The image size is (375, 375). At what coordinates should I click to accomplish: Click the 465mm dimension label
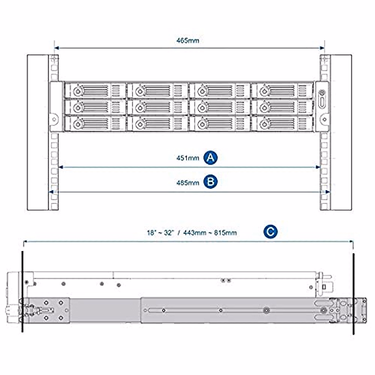[x=187, y=41]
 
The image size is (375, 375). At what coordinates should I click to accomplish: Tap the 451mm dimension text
[x=187, y=158]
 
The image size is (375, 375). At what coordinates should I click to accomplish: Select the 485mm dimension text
[x=187, y=182]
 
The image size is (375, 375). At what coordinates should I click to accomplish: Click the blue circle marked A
[x=211, y=157]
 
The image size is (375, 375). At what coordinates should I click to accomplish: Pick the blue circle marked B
[x=211, y=182]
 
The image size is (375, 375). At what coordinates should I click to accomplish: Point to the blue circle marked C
[x=270, y=232]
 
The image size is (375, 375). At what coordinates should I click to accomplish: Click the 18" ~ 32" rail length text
[x=160, y=233]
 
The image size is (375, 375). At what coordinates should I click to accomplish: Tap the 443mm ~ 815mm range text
[x=210, y=233]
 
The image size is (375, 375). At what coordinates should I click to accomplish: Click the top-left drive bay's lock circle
[x=77, y=91]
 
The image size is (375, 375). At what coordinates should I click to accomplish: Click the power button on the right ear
[x=322, y=93]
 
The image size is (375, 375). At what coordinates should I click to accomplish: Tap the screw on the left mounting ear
[x=54, y=119]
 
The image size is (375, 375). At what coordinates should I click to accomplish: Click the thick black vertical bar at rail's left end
[x=22, y=291]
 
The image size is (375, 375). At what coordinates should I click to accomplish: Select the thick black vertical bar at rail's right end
[x=353, y=294]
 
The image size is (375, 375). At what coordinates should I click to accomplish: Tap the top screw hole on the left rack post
[x=54, y=59]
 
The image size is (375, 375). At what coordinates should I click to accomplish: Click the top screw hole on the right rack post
[x=324, y=59]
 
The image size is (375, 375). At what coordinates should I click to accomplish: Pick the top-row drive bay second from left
[x=158, y=91]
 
